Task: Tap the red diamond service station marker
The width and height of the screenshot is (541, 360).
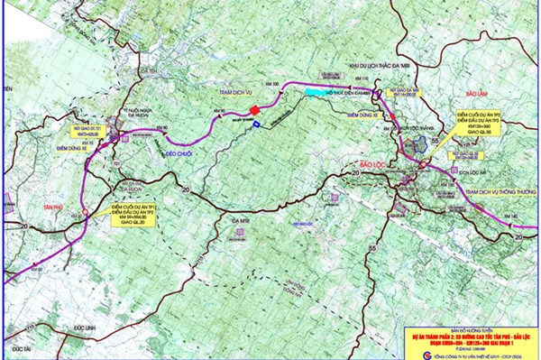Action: click(254, 111)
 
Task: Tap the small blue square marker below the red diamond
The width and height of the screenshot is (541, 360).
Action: click(255, 125)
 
